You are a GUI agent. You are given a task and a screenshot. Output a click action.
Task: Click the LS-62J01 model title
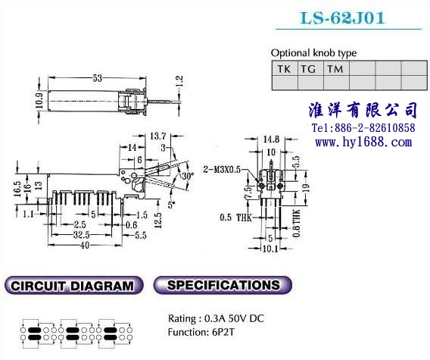pyautogui.click(x=342, y=18)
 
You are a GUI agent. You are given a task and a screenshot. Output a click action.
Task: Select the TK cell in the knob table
pyautogui.click(x=285, y=69)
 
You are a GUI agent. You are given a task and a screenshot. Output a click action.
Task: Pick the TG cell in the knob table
pyautogui.click(x=310, y=69)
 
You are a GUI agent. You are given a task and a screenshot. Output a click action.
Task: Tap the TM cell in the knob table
pyautogui.click(x=336, y=69)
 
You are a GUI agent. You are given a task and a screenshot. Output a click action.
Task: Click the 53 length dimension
pyautogui.click(x=98, y=78)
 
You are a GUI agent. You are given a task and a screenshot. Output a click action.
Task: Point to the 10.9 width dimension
pyautogui.click(x=39, y=101)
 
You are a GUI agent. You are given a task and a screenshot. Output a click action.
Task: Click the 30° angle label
pyautogui.click(x=188, y=176)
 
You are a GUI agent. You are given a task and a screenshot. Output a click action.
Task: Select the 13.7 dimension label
pyautogui.click(x=158, y=136)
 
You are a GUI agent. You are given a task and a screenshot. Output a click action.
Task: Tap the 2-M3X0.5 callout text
pyautogui.click(x=222, y=170)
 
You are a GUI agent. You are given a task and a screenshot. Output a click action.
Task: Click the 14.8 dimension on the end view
pyautogui.click(x=271, y=139)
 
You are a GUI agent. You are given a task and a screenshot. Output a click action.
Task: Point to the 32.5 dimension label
pyautogui.click(x=82, y=235)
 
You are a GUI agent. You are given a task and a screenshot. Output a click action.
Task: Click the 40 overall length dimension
pyautogui.click(x=85, y=246)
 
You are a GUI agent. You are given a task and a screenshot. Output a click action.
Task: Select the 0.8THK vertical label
pyautogui.click(x=297, y=223)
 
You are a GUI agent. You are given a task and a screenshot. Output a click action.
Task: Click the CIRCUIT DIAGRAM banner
pyautogui.click(x=73, y=285)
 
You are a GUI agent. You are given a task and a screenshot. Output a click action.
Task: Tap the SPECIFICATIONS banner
pyautogui.click(x=223, y=285)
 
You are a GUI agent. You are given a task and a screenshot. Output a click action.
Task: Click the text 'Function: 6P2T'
pyautogui.click(x=201, y=332)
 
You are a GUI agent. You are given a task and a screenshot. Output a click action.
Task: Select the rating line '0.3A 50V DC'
pyautogui.click(x=234, y=318)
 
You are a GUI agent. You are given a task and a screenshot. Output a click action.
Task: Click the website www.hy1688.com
pyautogui.click(x=363, y=142)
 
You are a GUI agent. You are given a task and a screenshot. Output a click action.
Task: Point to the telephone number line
pyautogui.click(x=363, y=128)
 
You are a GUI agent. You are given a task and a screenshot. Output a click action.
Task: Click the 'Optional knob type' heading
pyautogui.click(x=313, y=53)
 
